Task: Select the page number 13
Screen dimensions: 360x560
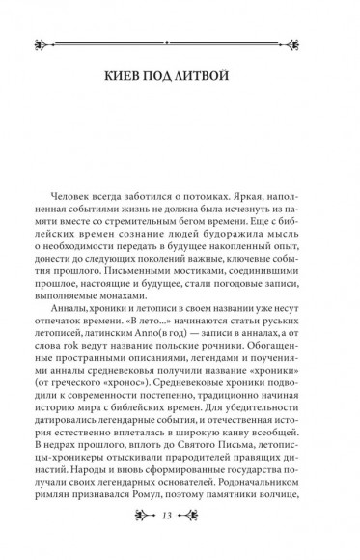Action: pos(180,537)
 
